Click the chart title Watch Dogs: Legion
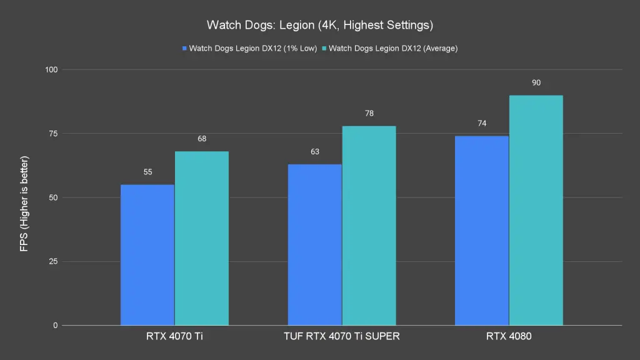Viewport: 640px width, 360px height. (320, 26)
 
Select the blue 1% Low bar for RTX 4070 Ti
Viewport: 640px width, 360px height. (147, 255)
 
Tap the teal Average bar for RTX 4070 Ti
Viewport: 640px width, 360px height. (202, 238)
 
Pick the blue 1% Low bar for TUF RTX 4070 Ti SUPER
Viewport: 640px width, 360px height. (315, 245)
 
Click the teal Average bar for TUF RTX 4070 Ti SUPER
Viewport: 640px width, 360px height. (369, 226)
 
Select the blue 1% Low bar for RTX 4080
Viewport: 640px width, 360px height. (482, 231)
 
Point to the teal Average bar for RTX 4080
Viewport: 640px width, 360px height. (536, 210)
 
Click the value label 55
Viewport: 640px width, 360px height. (148, 172)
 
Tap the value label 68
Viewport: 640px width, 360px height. (202, 139)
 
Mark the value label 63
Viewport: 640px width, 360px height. (315, 151)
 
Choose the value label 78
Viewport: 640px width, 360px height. (369, 113)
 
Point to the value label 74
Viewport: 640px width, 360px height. (482, 123)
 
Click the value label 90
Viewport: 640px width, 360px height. (536, 82)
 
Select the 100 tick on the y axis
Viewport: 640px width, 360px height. (51, 69)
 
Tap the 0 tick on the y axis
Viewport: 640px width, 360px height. (55, 326)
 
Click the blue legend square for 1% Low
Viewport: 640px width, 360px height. (184, 48)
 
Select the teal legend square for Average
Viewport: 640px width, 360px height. (324, 48)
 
